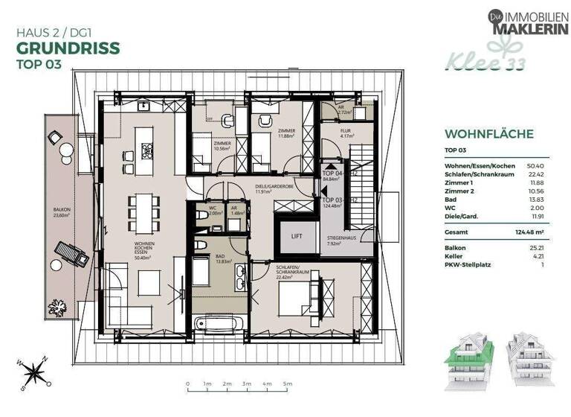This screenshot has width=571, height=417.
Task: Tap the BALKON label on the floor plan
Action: pos(61,211)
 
